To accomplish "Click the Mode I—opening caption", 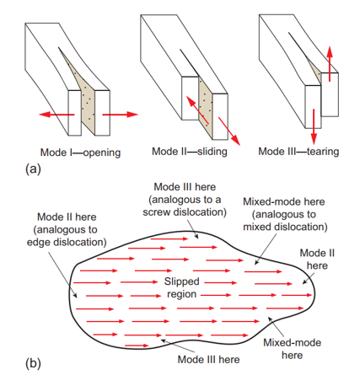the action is [80, 153].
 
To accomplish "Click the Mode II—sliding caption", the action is [190, 152].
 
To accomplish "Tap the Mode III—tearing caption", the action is [298, 152].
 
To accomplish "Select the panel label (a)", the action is [33, 169].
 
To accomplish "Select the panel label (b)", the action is [33, 363].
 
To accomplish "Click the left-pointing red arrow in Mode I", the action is [56, 115].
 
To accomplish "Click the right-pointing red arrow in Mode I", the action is [121, 115].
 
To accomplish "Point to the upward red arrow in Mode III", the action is [330, 64].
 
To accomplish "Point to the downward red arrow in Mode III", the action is [314, 126].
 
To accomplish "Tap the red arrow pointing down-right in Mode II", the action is [229, 131].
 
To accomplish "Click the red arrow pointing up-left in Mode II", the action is [197, 110].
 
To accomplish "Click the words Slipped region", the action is [182, 287].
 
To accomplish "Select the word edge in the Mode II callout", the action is [39, 242].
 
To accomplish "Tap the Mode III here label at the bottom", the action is [209, 360].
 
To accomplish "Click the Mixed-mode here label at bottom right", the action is [293, 349].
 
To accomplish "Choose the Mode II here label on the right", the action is [317, 260].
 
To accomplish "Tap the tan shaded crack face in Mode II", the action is [205, 108].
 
